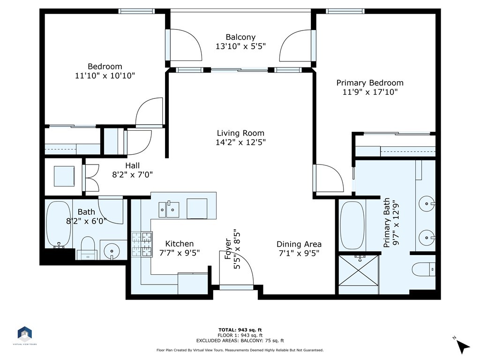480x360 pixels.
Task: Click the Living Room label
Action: pos(240,133)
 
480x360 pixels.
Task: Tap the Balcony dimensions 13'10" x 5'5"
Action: pos(240,46)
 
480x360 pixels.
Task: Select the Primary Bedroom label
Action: pos(370,82)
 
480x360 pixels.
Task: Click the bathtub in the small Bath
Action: pos(59,225)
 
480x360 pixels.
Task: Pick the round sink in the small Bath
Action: pos(112,251)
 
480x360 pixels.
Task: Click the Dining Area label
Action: pos(299,244)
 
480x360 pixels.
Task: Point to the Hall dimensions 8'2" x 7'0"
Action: pos(132,174)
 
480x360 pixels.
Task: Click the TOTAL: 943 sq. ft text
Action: pos(240,330)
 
